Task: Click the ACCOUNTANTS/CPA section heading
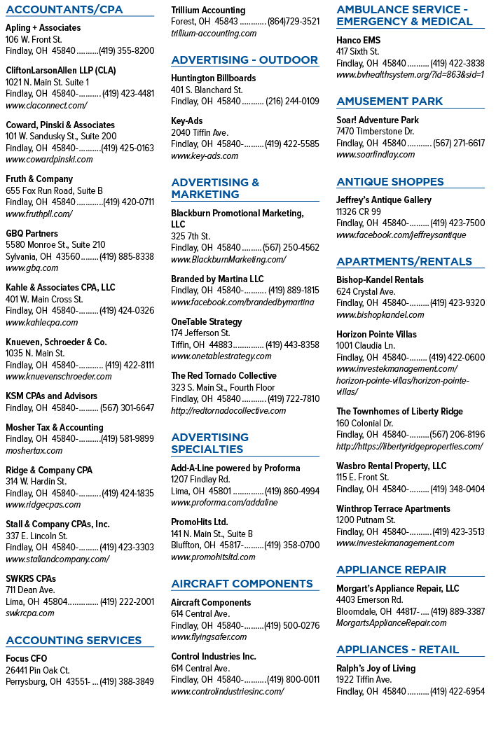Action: pyautogui.click(x=64, y=9)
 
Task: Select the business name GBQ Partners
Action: pyautogui.click(x=32, y=233)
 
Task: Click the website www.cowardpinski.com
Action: pyautogui.click(x=50, y=160)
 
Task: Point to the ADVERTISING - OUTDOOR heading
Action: pyautogui.click(x=244, y=60)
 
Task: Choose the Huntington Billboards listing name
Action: pyautogui.click(x=214, y=78)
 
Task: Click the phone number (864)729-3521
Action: pyautogui.click(x=294, y=22)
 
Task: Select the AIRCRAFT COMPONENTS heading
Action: pyautogui.click(x=242, y=584)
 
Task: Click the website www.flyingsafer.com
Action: pyautogui.click(x=209, y=637)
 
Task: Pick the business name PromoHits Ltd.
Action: pyautogui.click(x=200, y=522)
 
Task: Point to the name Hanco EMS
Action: pyautogui.click(x=359, y=41)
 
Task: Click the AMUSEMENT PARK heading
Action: pyautogui.click(x=390, y=102)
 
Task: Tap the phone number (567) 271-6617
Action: pyautogui.click(x=459, y=143)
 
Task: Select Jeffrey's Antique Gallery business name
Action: pyautogui.click(x=384, y=200)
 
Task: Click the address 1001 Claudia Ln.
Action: pyautogui.click(x=366, y=346)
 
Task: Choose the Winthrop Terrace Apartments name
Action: pyautogui.click(x=393, y=509)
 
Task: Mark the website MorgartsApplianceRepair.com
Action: pyautogui.click(x=392, y=623)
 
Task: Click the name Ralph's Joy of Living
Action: pyautogui.click(x=376, y=669)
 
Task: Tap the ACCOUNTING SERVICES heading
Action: pyautogui.click(x=74, y=641)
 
